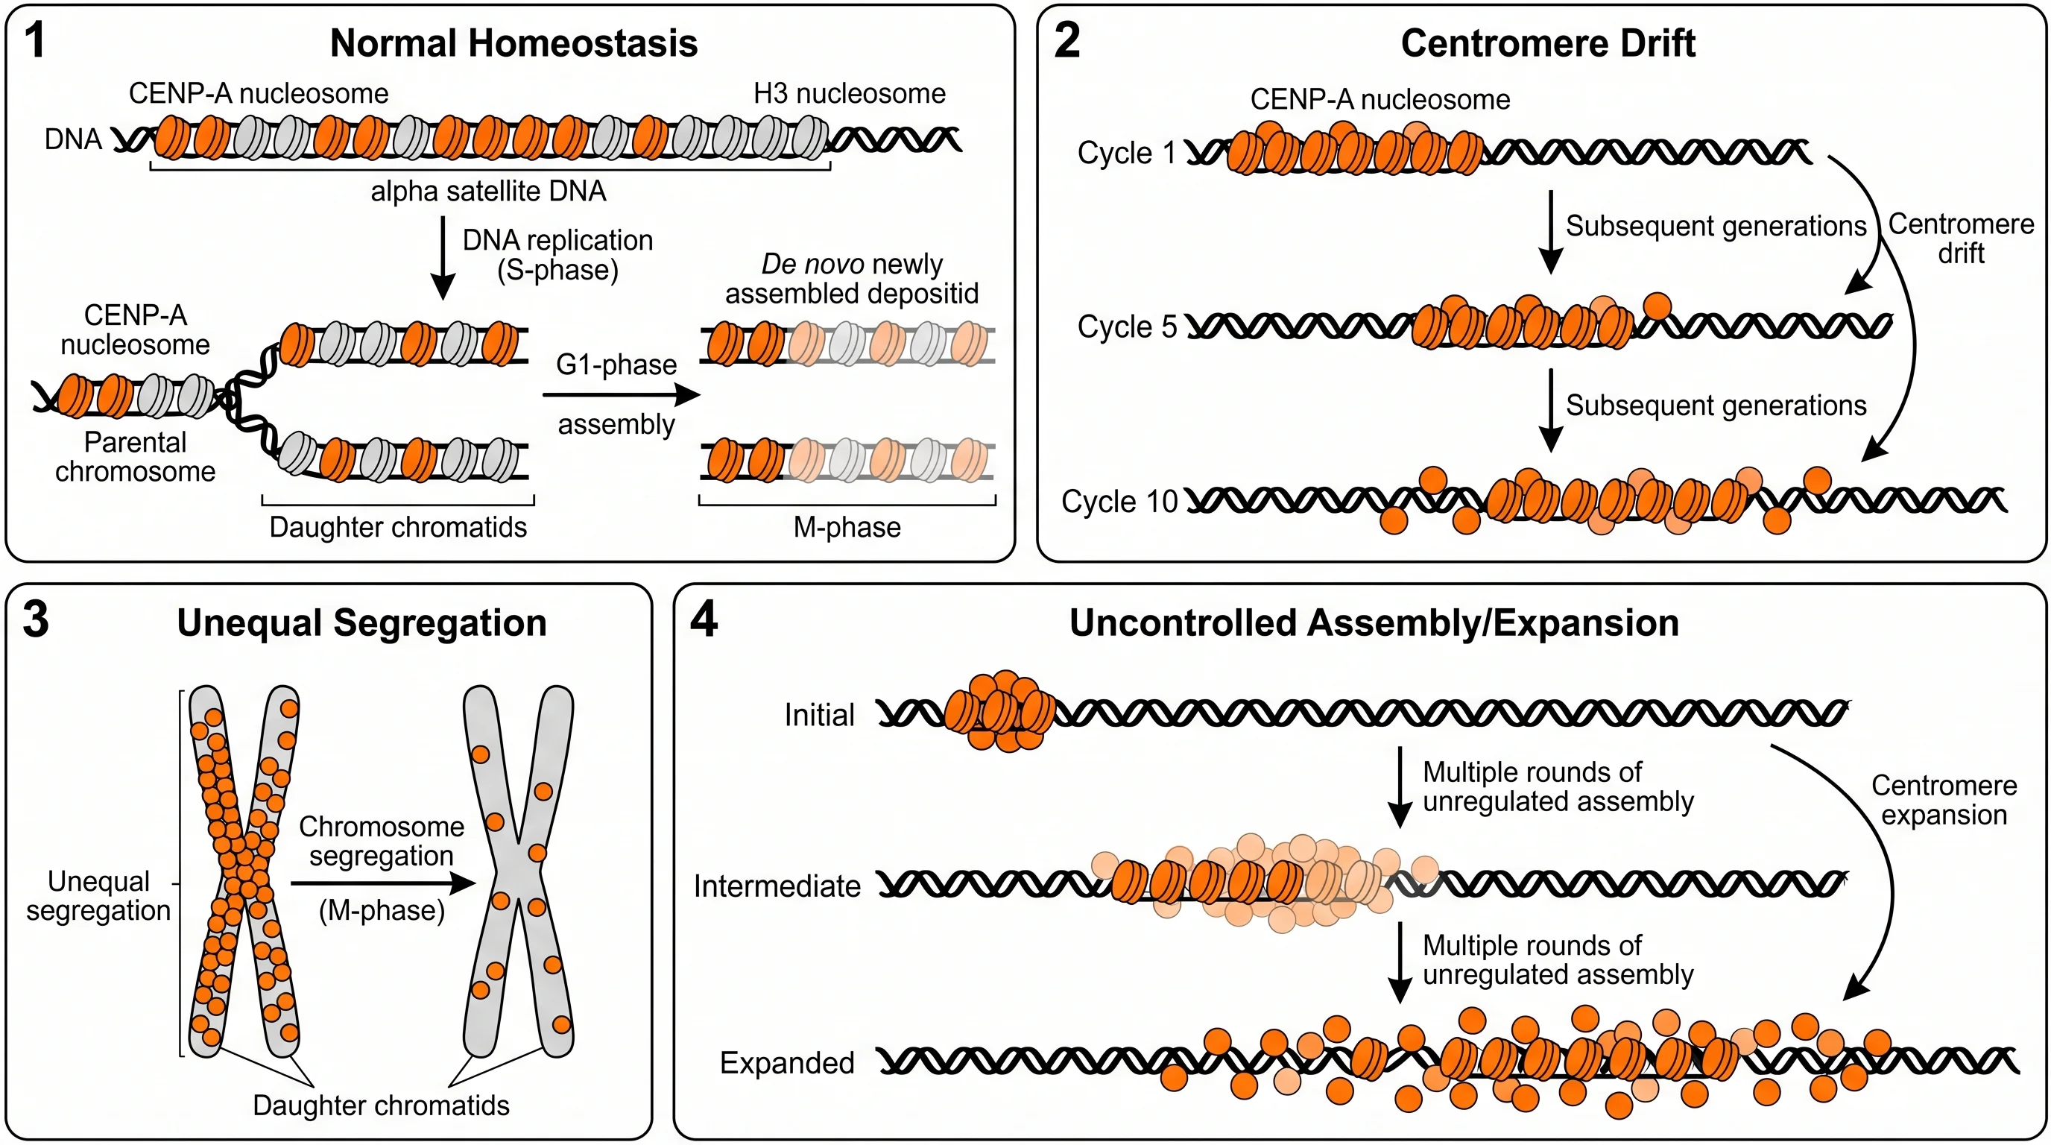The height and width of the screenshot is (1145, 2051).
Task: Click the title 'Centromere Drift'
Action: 1547,43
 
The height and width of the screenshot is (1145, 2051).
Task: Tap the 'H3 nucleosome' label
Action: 849,94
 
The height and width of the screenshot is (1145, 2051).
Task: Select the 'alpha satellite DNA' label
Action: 488,191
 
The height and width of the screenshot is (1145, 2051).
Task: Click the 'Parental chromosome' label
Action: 136,457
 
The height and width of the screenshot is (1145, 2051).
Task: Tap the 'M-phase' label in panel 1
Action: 847,527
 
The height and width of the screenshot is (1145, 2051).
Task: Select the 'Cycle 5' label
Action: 1127,327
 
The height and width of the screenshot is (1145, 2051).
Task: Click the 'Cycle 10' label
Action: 1119,502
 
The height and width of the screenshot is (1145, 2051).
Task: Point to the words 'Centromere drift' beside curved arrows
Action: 1960,239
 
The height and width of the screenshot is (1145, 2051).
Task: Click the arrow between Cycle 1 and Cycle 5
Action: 1549,231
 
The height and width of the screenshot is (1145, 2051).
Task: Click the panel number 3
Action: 36,619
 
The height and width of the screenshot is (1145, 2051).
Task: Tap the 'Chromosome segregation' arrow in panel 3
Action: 382,883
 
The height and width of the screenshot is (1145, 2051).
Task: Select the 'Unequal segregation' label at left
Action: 98,896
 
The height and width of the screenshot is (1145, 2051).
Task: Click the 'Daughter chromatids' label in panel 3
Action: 381,1105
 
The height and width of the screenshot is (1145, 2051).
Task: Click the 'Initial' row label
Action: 818,715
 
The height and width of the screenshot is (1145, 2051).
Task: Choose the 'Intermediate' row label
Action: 777,886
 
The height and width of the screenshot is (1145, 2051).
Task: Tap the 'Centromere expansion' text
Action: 1944,800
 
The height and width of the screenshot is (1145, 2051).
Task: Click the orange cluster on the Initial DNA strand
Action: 1002,711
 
